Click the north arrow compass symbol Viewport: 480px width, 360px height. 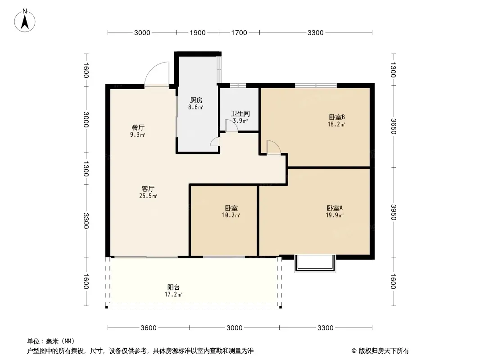click(x=25, y=21)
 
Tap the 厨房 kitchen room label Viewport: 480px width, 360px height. click(x=196, y=100)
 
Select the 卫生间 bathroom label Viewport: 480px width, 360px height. click(x=240, y=113)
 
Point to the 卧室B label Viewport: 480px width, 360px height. click(x=337, y=117)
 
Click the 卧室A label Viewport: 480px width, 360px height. click(x=335, y=208)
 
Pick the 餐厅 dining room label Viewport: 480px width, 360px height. click(x=138, y=127)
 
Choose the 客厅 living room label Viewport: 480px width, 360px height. click(x=148, y=189)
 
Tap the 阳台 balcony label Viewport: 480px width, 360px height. click(x=173, y=287)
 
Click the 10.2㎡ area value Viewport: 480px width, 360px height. click(x=231, y=216)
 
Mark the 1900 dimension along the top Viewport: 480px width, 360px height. click(x=198, y=33)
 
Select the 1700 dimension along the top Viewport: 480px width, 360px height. click(x=239, y=33)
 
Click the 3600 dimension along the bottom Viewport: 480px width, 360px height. click(x=149, y=328)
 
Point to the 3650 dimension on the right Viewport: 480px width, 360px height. click(x=394, y=126)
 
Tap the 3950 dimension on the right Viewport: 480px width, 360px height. click(x=394, y=212)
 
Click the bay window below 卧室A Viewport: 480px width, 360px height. click(x=315, y=263)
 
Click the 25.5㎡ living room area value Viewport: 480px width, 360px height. click(x=148, y=196)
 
